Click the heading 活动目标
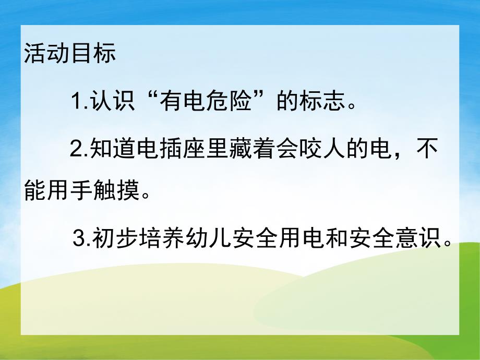point(70,55)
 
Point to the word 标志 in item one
point(319,100)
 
